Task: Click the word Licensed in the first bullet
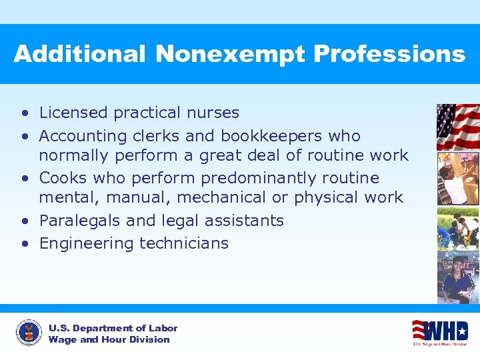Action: (73, 113)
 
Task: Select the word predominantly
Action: (259, 179)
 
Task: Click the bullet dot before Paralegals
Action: (25, 221)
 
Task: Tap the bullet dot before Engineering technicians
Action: (25, 243)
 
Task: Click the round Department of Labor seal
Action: (28, 333)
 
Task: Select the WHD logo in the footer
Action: (439, 332)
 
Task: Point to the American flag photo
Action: (457, 127)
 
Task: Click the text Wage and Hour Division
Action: (109, 340)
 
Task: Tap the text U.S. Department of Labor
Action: (113, 328)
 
